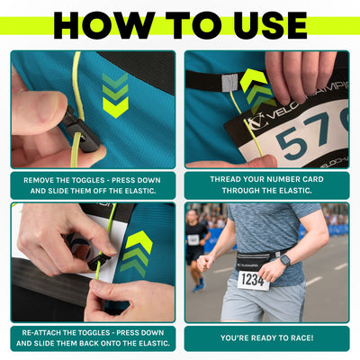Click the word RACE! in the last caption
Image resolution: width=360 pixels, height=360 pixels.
coord(296,337)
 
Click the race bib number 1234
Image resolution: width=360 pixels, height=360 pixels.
coord(253,280)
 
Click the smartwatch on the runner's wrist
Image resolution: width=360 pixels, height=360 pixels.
coord(284,260)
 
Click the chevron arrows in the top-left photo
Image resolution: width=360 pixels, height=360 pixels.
coord(115,95)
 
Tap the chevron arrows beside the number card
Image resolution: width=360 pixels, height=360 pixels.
coord(256,90)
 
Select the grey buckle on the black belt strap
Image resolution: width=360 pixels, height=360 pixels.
coord(229,82)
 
